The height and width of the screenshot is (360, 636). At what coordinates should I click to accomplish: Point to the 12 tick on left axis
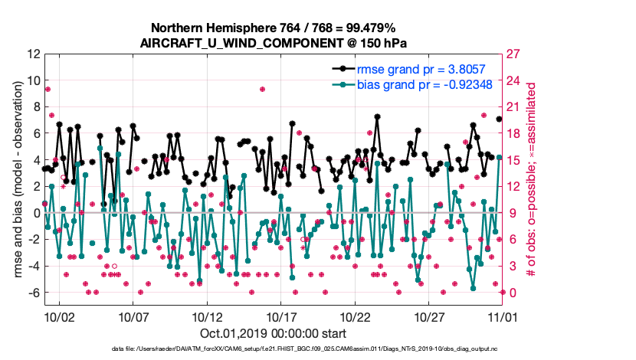32,54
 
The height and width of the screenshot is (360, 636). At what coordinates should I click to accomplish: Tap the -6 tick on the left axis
32,293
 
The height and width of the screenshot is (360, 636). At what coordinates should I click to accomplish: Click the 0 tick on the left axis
35,213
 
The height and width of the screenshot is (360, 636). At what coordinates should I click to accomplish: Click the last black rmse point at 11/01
499,119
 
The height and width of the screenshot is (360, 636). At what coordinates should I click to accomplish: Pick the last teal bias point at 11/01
499,157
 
